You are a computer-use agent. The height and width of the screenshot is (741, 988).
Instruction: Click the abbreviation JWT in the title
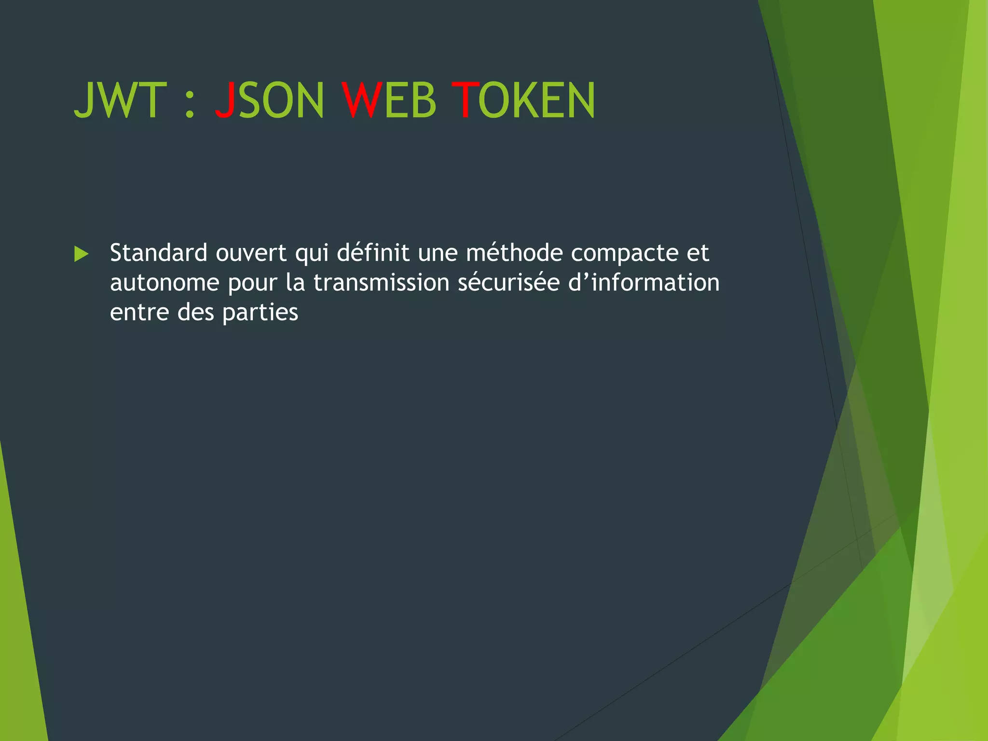point(120,100)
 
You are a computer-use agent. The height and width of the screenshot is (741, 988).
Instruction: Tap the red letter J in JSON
point(225,100)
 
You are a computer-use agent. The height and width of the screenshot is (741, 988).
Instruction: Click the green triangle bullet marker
point(82,254)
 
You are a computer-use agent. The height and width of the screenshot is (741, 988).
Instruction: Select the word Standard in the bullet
point(159,253)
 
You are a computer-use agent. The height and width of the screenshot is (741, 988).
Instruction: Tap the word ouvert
point(251,253)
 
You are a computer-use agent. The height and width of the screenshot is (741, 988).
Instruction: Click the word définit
point(373,253)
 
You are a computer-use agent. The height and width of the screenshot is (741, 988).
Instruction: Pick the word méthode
point(514,253)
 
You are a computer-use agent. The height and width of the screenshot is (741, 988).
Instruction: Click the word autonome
point(165,283)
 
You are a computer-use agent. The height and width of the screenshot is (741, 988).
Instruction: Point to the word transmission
point(381,283)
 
